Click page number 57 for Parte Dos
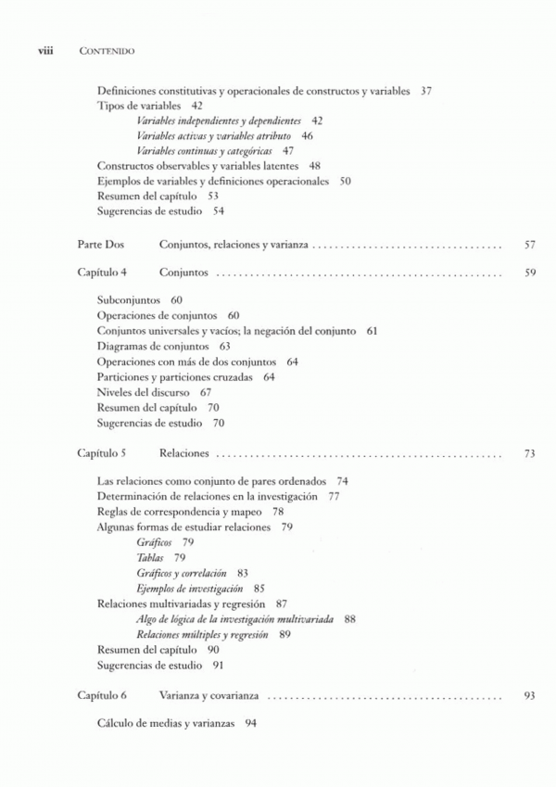pos(530,246)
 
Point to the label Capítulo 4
pos(102,274)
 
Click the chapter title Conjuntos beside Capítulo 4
pos(183,274)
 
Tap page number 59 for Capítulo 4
pos(530,274)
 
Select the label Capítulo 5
pos(102,454)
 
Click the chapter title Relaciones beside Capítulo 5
pos(183,454)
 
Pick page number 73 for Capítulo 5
pos(530,454)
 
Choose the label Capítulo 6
pos(102,694)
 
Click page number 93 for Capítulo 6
pos(530,694)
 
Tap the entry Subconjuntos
pos(129,301)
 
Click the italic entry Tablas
pos(150,558)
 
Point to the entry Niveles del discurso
pos(142,392)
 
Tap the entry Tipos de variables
pos(137,106)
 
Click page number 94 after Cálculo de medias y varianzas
pos(250,723)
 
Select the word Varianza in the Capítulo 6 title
pos(180,694)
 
